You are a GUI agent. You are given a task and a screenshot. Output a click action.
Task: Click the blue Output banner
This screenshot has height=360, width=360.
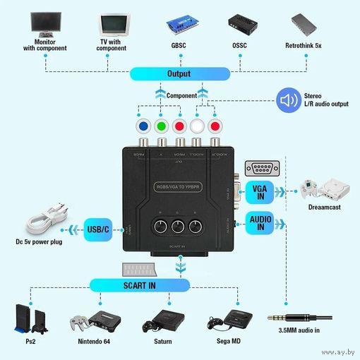(179, 73)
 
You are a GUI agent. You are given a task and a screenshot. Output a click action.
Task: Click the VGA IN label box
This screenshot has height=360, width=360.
(257, 191)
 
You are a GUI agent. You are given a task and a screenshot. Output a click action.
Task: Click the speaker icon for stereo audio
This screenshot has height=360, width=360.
(287, 100)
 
